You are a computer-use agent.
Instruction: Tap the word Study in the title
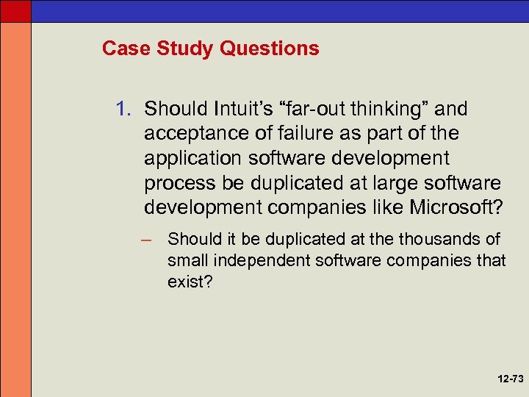pyautogui.click(x=172, y=49)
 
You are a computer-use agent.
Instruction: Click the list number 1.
pyautogui.click(x=123, y=110)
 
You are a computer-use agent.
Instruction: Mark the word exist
pyautogui.click(x=187, y=280)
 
